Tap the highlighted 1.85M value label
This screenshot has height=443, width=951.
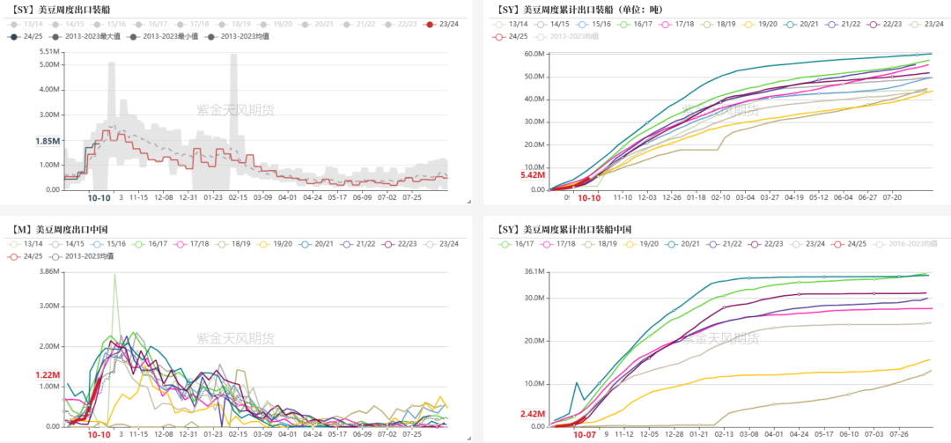[48, 141]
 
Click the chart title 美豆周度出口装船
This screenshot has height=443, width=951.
[74, 10]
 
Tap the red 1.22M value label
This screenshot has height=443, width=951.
[48, 375]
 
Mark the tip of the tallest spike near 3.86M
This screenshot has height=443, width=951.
[114, 274]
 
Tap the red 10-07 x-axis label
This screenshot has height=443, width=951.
[585, 434]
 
